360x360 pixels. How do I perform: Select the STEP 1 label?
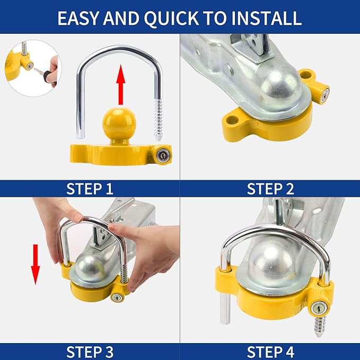point(90,188)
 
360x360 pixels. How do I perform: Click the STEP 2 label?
point(270,188)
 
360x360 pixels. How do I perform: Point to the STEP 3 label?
point(90,351)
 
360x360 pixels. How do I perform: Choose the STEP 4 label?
point(270,351)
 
